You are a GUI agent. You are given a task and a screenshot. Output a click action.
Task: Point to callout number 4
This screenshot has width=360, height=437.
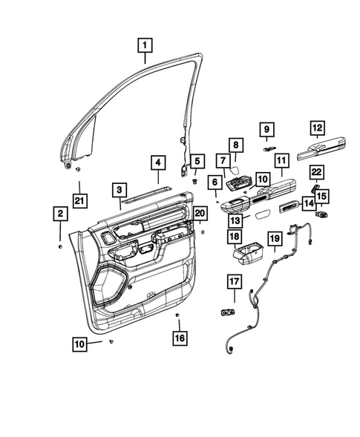[x=157, y=162]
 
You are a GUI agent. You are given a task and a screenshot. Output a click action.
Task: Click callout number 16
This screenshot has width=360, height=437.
[x=179, y=338]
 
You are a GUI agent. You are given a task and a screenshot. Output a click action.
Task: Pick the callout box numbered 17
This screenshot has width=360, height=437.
[x=234, y=281]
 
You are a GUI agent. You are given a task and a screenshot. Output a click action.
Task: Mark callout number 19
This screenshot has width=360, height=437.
[x=274, y=238]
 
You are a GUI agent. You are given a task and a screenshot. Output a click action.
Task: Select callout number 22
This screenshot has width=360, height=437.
[x=316, y=171]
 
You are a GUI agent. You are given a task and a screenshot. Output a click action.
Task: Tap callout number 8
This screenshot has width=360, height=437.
[x=234, y=145]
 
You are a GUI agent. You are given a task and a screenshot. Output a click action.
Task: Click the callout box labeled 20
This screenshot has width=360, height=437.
[x=199, y=213]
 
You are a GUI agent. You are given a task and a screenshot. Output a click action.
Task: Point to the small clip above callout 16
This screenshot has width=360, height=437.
[x=178, y=316]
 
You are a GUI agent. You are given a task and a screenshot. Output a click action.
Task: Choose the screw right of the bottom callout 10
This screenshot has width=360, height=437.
[x=110, y=342]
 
